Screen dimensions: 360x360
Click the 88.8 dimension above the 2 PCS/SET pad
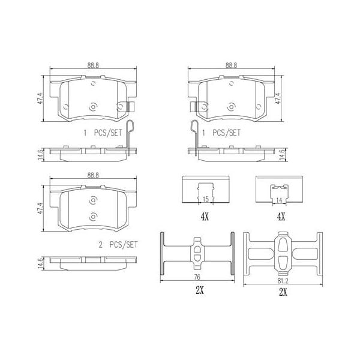(92, 175)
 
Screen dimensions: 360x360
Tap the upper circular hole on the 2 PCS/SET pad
(93, 202)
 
